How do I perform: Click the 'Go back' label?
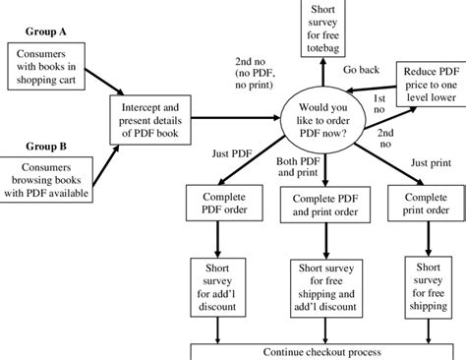(x=362, y=69)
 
